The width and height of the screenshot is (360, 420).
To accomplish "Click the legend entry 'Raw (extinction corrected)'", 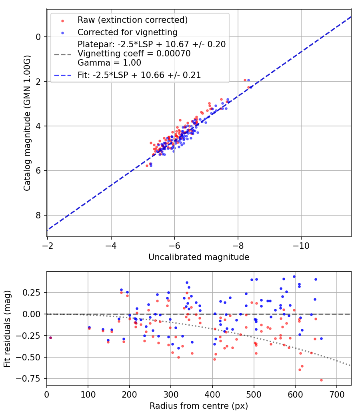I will click(x=132, y=20).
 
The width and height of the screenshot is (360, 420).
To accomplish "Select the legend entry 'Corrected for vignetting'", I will click(x=128, y=32).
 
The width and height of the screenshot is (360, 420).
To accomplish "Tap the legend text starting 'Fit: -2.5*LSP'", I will click(x=139, y=75).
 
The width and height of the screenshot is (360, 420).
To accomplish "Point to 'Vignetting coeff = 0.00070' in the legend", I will click(x=134, y=53).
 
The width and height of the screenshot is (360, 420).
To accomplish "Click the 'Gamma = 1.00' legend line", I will click(x=109, y=62).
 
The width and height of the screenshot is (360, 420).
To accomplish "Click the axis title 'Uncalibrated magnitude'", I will click(x=199, y=257).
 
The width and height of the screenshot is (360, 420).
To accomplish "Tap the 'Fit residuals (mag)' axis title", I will click(x=7, y=328).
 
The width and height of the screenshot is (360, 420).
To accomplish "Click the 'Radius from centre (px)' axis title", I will click(x=199, y=406).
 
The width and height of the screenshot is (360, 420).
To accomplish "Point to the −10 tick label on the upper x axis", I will click(x=301, y=245).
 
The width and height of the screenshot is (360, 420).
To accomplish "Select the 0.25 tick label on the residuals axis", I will click(x=34, y=292).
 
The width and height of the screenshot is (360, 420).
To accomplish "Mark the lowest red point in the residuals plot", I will click(x=321, y=380).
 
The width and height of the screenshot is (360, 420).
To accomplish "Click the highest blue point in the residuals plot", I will click(x=294, y=276).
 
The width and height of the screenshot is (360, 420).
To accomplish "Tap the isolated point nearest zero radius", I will click(x=50, y=338).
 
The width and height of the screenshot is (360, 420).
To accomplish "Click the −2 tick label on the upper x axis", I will click(x=48, y=245).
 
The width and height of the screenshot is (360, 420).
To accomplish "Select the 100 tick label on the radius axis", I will click(x=88, y=394).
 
